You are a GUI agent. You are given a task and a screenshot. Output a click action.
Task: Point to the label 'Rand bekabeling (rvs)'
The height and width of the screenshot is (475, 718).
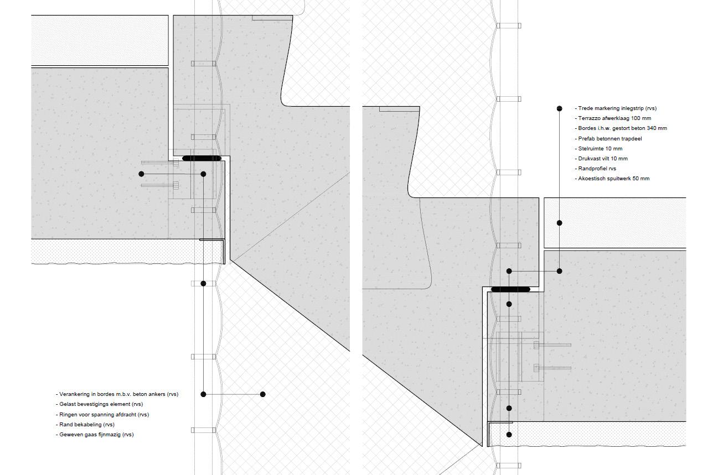pyautogui.click(x=87, y=424)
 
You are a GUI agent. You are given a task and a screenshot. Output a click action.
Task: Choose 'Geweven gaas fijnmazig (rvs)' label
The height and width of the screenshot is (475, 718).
pyautogui.click(x=96, y=434)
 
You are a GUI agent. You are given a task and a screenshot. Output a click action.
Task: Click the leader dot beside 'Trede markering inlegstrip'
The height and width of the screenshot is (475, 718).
pyautogui.click(x=560, y=108)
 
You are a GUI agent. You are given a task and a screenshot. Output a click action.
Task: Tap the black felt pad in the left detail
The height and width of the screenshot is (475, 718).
pyautogui.click(x=202, y=159)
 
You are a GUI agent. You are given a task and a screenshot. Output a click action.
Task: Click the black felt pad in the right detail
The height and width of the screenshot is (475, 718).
pyautogui.click(x=510, y=289)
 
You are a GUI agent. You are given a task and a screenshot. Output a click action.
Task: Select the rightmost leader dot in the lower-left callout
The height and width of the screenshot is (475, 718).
pyautogui.click(x=262, y=394)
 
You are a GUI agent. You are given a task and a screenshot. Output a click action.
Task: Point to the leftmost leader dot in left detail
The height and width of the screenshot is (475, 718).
pyautogui.click(x=141, y=174)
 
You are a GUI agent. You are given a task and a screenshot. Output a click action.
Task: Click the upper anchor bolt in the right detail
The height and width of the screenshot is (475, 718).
pyautogui.click(x=552, y=345)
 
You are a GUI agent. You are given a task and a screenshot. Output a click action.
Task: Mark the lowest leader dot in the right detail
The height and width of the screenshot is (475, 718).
pyautogui.click(x=509, y=435)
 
